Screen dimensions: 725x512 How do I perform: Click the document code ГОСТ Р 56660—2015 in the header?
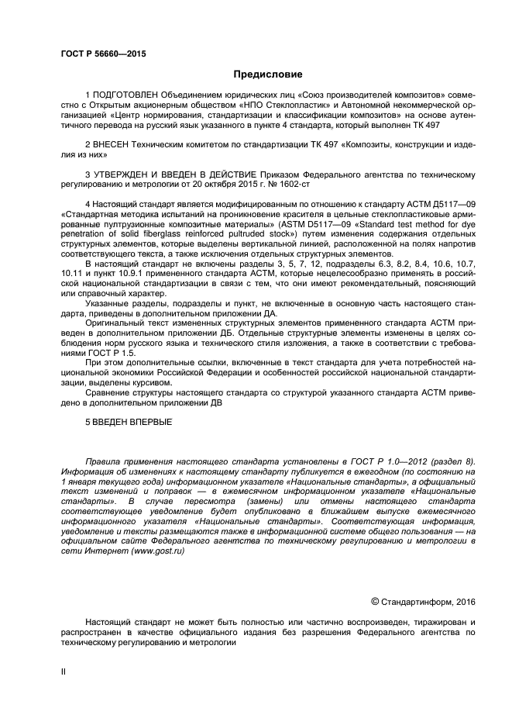click(103, 53)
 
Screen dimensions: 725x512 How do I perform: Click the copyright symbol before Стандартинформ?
click(375, 600)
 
